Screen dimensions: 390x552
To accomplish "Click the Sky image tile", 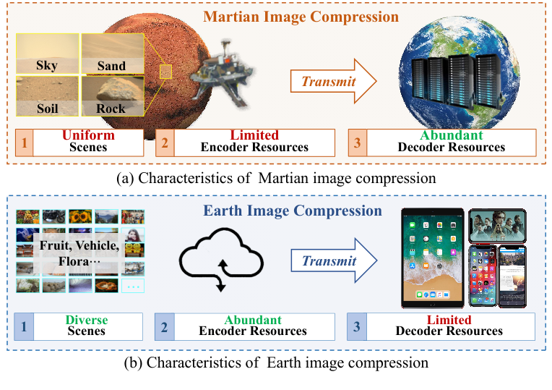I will [47, 54].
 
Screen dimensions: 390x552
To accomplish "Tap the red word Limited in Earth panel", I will [449, 320].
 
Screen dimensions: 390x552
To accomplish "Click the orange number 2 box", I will [165, 142].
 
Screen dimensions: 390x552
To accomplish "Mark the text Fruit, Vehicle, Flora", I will [79, 253].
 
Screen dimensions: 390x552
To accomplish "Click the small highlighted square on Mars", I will [166, 71].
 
